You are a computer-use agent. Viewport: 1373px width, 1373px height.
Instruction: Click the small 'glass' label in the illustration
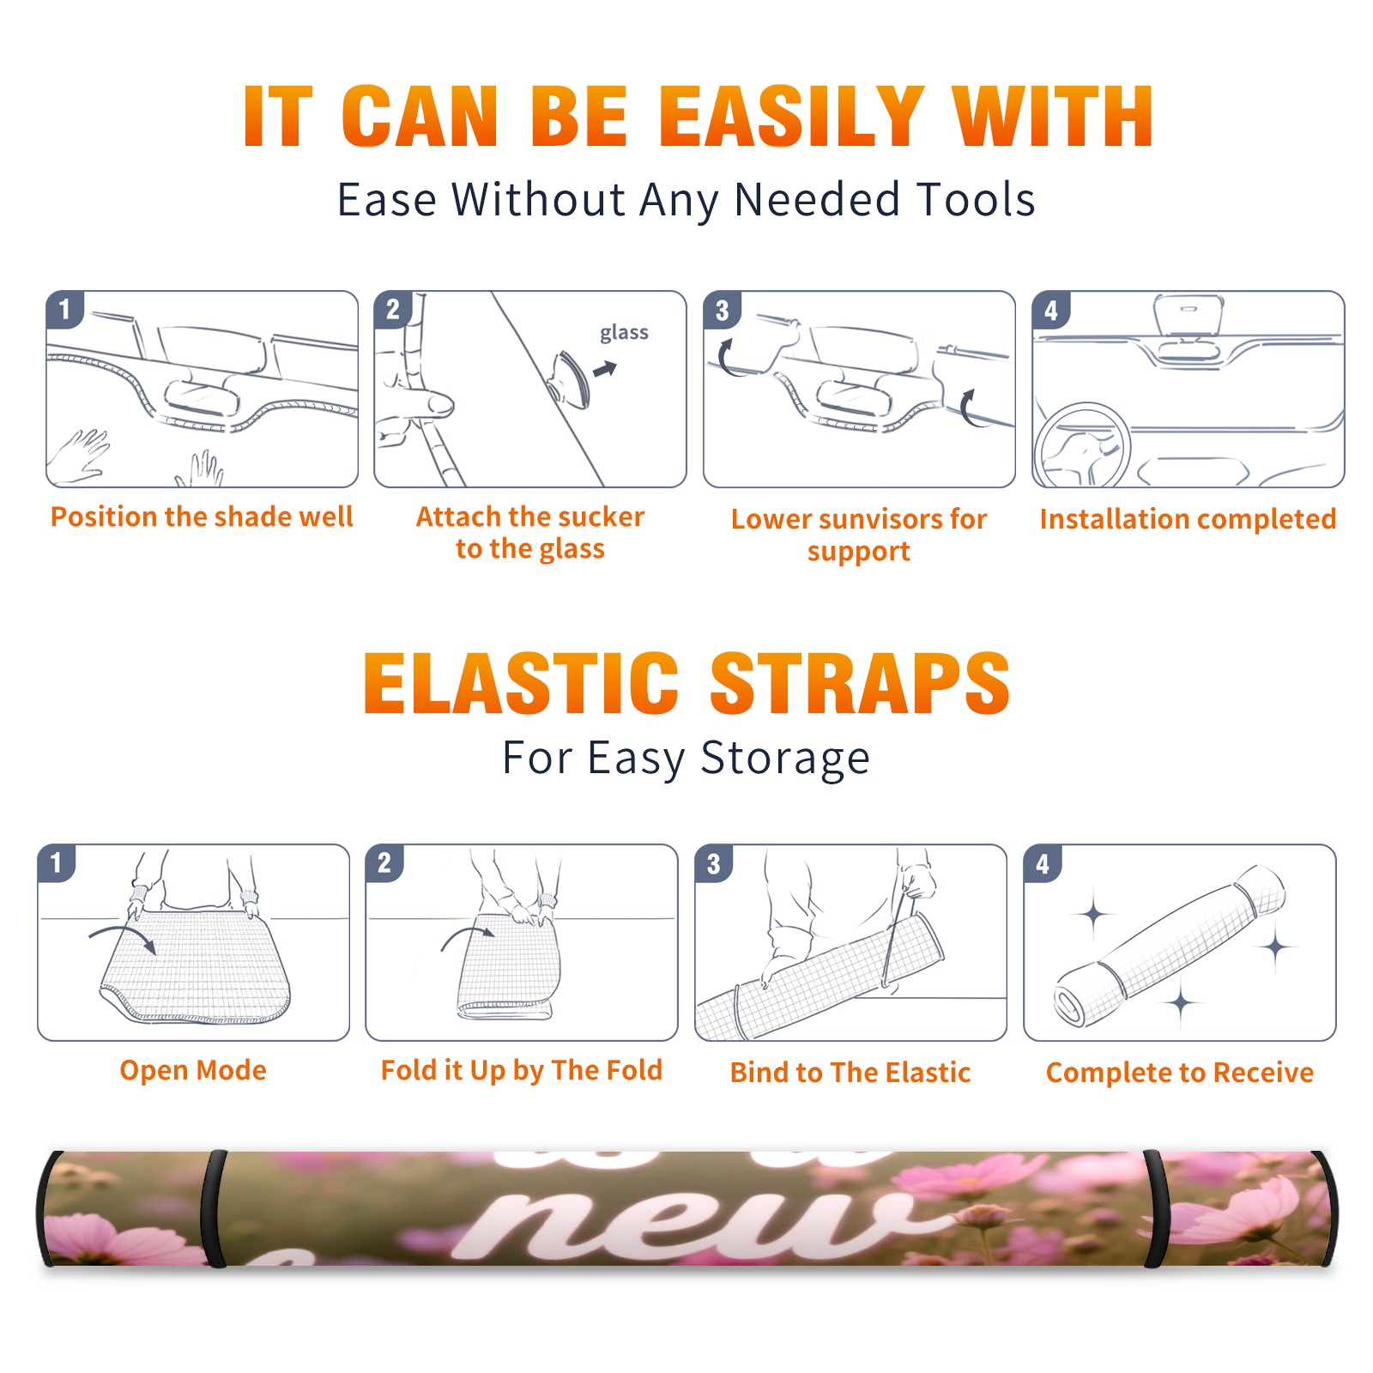(624, 333)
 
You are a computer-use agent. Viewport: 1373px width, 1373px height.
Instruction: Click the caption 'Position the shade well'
(202, 517)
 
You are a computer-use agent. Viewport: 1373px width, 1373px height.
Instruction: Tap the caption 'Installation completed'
(1188, 518)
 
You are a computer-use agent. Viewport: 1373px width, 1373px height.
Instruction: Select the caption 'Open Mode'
(193, 1070)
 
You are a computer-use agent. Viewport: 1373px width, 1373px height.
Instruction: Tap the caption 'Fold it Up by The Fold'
(522, 1070)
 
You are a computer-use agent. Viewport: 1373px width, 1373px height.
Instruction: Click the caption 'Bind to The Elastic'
(850, 1073)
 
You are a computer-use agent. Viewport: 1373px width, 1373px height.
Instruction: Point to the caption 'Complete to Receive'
(1180, 1073)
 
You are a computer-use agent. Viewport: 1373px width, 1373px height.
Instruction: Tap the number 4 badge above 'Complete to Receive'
(1043, 863)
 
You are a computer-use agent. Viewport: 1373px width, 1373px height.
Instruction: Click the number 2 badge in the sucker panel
(393, 309)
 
